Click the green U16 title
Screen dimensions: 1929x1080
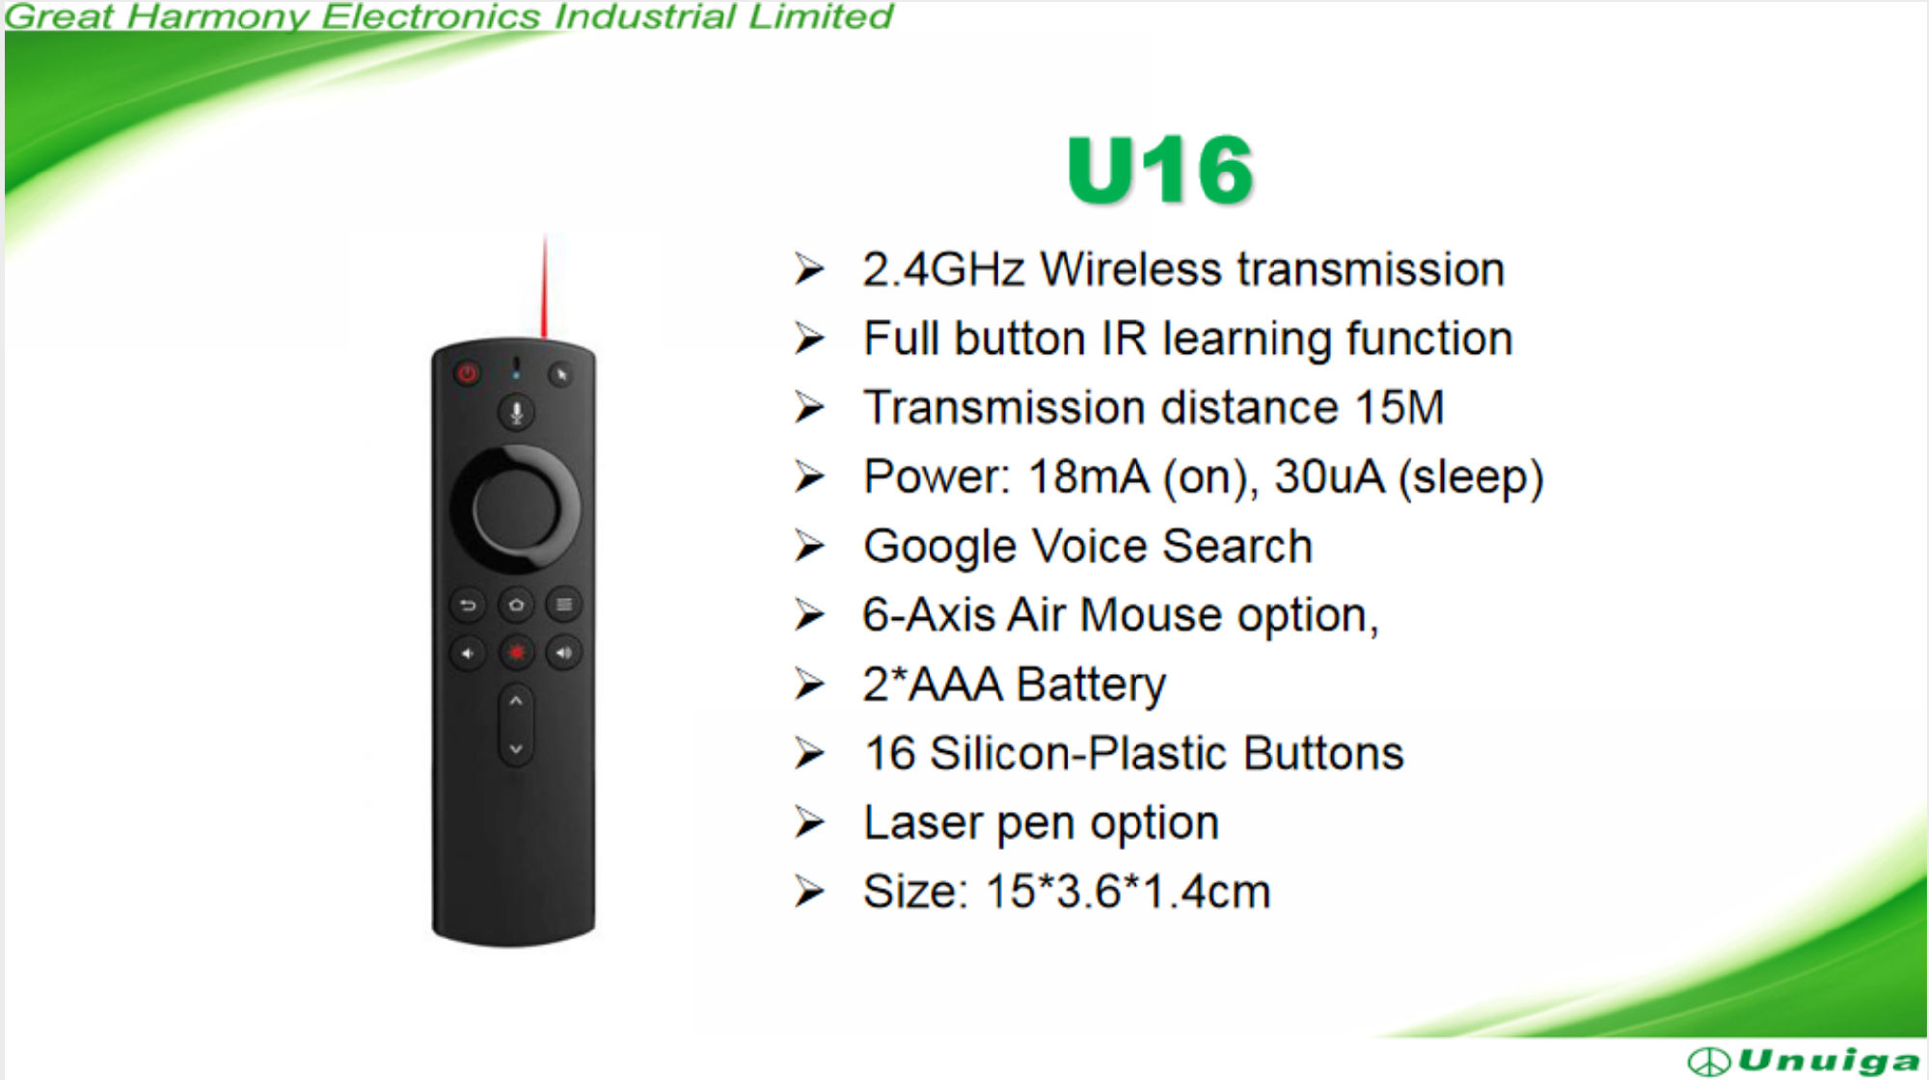pyautogui.click(x=1160, y=170)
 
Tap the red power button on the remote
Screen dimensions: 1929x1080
pyautogui.click(x=468, y=373)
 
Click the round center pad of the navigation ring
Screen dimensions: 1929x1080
pyautogui.click(x=516, y=508)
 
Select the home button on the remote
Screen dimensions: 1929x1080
pyautogui.click(x=516, y=606)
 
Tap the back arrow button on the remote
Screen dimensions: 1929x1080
pyautogui.click(x=468, y=606)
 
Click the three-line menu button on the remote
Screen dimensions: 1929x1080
pyautogui.click(x=564, y=606)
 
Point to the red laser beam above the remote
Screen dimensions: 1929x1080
pyautogui.click(x=545, y=286)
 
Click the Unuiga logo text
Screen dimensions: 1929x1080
pyautogui.click(x=1828, y=1061)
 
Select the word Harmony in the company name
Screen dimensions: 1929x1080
pyautogui.click(x=218, y=16)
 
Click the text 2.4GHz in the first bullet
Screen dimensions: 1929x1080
pyautogui.click(x=943, y=269)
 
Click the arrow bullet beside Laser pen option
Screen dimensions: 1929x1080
pyautogui.click(x=809, y=823)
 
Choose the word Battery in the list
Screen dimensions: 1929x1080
pyautogui.click(x=1091, y=685)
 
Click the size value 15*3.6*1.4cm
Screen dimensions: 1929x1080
pyautogui.click(x=1128, y=891)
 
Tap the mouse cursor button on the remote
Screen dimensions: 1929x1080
pyautogui.click(x=560, y=374)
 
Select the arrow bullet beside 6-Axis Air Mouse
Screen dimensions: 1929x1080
pyautogui.click(x=809, y=614)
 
